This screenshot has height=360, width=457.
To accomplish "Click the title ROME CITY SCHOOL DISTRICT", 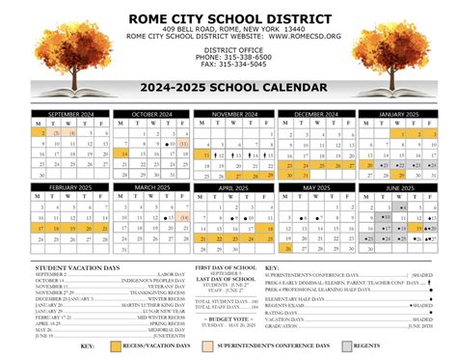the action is click(228, 18).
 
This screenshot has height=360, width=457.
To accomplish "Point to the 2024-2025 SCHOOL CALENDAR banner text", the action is click(228, 90).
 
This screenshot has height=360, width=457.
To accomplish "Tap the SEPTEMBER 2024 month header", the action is click(71, 114).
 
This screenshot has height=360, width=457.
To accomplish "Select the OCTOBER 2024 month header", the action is click(150, 114).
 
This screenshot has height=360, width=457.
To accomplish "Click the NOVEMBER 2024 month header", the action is click(232, 114).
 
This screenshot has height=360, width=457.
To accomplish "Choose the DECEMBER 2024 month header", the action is click(314, 114).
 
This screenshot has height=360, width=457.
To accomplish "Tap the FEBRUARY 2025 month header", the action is click(71, 186).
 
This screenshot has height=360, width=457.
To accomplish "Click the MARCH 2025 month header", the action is click(150, 186).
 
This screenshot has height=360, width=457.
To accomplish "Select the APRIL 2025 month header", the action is click(232, 186).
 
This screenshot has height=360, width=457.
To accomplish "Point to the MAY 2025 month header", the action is click(314, 186).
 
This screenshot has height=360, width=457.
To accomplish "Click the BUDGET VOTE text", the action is click(228, 318).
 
